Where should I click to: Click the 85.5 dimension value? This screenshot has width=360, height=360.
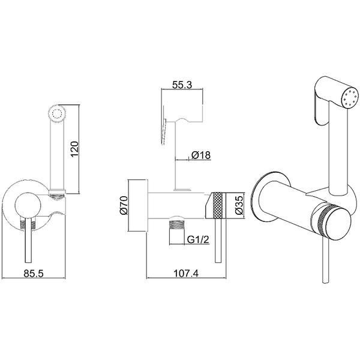click(x=34, y=274)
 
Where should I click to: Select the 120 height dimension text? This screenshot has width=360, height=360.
click(x=75, y=149)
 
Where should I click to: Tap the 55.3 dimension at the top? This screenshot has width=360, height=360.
click(x=182, y=85)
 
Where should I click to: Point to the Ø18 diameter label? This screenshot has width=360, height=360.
click(x=200, y=155)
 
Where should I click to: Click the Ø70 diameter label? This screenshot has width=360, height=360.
click(x=124, y=205)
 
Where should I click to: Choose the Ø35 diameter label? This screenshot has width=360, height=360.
click(x=239, y=205)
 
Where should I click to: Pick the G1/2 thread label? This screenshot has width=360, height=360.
click(x=198, y=239)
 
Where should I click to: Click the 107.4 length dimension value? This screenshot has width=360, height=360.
click(x=186, y=273)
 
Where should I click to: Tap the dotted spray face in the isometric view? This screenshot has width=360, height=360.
click(x=350, y=97)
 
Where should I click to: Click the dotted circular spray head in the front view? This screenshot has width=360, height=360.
click(x=57, y=113)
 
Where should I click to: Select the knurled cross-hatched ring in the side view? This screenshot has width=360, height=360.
click(x=218, y=205)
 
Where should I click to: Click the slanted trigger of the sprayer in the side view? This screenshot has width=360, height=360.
click(x=164, y=131)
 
